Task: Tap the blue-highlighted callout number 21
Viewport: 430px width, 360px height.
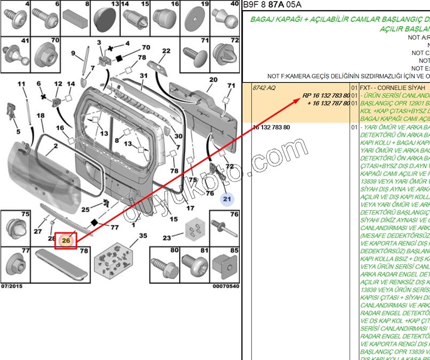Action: (x=227, y=199)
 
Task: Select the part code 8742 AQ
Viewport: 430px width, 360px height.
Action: (x=264, y=88)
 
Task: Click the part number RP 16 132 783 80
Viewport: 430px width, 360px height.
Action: (x=326, y=95)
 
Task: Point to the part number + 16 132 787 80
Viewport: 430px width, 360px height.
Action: (x=328, y=103)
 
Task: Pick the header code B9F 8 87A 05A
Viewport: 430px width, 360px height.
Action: (x=272, y=5)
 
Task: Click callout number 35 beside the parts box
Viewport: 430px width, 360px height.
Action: (x=143, y=236)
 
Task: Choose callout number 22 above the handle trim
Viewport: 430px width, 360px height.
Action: (x=166, y=51)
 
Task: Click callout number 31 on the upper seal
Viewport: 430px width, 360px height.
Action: (x=144, y=76)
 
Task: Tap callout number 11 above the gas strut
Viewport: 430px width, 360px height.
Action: (x=21, y=84)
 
